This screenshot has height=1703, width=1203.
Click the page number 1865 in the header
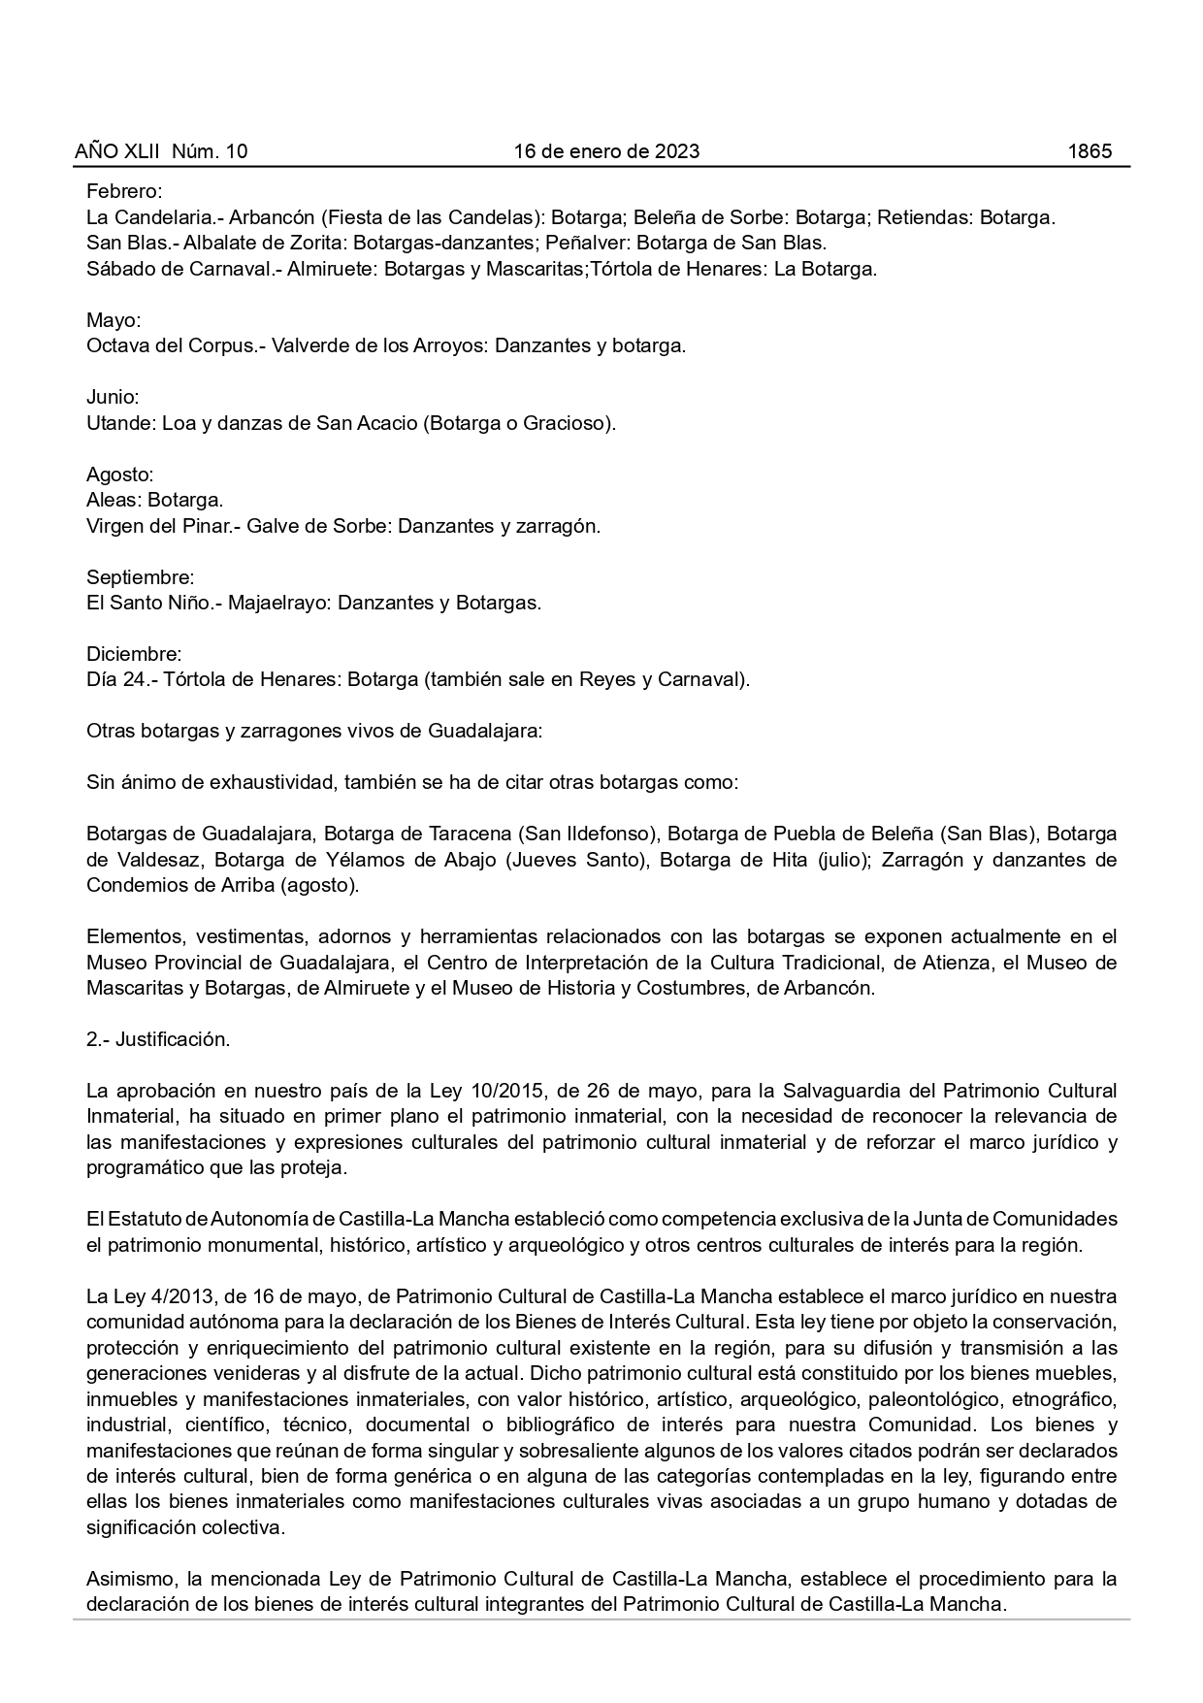pyautogui.click(x=1089, y=151)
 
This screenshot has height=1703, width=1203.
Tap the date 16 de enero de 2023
pyautogui.click(x=606, y=151)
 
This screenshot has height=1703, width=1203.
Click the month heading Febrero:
pyautogui.click(x=124, y=192)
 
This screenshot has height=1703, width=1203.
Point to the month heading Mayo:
pyautogui.click(x=114, y=320)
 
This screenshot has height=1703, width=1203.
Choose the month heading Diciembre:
pyautogui.click(x=134, y=654)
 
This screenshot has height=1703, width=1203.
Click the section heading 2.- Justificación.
pyautogui.click(x=158, y=1039)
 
